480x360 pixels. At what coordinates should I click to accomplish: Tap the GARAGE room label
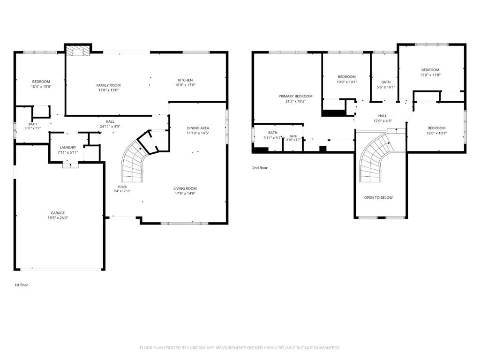point(58,213)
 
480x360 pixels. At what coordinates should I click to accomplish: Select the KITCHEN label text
point(185,80)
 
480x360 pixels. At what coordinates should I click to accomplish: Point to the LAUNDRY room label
point(67,148)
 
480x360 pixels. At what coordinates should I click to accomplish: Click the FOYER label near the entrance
point(122,187)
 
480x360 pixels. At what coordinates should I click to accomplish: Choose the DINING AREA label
point(198,128)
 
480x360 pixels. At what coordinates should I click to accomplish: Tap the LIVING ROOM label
point(185,188)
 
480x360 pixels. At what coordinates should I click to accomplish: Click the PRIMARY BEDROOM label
point(295,96)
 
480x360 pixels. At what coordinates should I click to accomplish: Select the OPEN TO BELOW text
point(378,198)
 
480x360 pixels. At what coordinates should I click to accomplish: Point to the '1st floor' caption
point(22,285)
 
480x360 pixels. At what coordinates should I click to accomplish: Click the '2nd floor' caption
point(260,168)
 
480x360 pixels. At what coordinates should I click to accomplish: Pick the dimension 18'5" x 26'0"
point(58,218)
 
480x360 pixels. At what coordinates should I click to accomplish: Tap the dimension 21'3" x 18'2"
point(295,101)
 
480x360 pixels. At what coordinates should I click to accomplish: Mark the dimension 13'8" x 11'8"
point(430,75)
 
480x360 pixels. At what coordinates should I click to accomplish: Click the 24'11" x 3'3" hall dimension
point(110,127)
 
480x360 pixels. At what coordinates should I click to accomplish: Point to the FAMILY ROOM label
point(108,85)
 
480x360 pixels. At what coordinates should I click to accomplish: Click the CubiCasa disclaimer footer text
point(240,348)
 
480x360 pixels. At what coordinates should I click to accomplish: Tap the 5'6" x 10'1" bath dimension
point(386,87)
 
